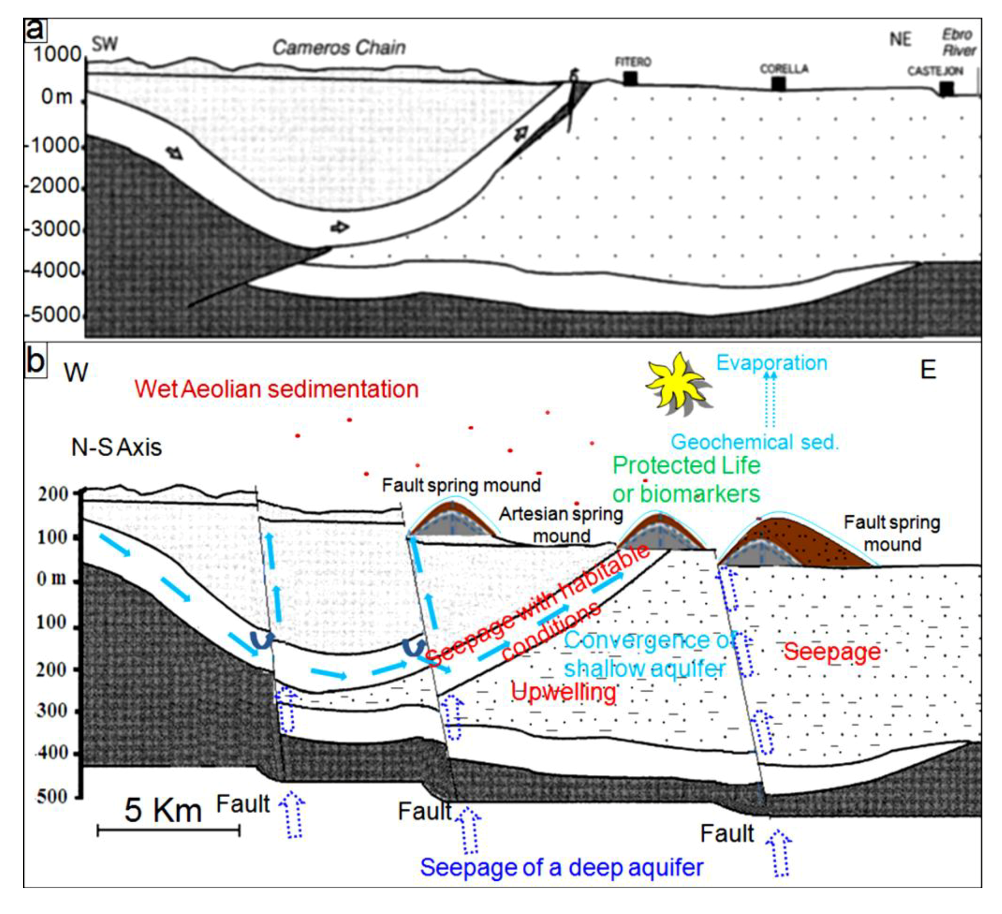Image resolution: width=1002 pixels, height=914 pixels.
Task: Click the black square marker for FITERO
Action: tap(630, 79)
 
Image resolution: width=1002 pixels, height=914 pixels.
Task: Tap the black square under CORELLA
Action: tap(778, 84)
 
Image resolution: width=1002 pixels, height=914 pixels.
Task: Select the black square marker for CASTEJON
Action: tap(946, 88)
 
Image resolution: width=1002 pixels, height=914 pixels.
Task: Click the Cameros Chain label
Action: tap(339, 48)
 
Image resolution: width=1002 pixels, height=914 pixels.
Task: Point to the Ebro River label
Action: tap(958, 42)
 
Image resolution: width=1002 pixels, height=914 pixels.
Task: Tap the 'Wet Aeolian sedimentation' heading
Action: tap(276, 389)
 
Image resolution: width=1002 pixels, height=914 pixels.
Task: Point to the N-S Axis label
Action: tap(116, 447)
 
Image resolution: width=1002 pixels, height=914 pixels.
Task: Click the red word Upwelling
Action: tap(563, 692)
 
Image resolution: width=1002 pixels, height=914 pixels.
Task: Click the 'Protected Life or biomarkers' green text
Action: tap(686, 479)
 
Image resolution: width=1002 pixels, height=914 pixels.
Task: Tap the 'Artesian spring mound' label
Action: tap(561, 524)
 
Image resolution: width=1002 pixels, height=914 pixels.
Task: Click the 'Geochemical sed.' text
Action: tap(754, 442)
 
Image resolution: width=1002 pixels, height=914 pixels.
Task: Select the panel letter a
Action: tap(35, 30)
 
